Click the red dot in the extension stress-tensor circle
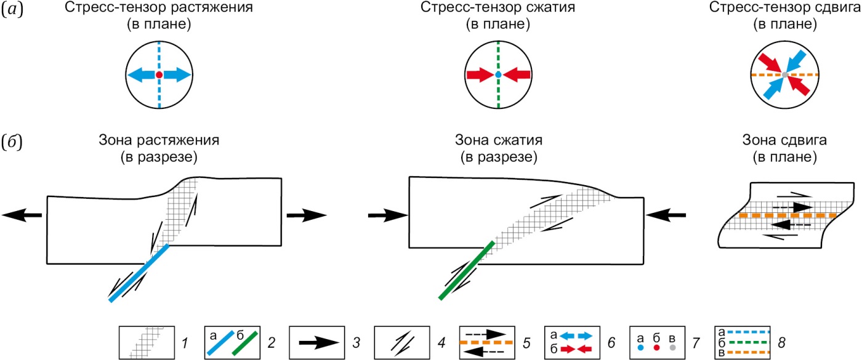[159, 74]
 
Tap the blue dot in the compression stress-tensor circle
[498, 74]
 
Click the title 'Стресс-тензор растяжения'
[159, 9]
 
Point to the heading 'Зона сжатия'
[497, 140]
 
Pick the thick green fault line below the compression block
[466, 270]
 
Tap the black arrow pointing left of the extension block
[22, 215]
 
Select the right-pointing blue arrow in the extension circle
[179, 74]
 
